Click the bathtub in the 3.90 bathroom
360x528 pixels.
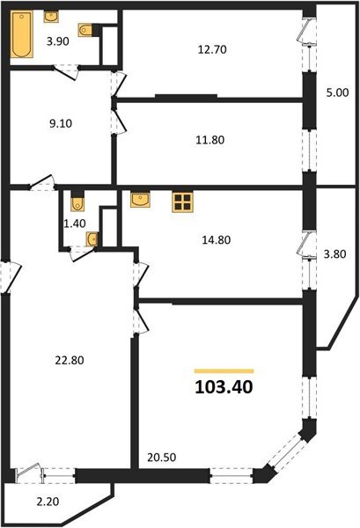coord(21,34)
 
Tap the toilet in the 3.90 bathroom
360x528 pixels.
coord(84,30)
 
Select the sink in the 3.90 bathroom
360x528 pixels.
coord(51,17)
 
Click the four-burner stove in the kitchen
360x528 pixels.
coord(182,202)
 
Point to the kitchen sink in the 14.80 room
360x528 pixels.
coord(140,200)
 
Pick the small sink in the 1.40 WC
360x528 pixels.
coord(92,239)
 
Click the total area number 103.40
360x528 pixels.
coord(224,387)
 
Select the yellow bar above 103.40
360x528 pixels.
coord(224,371)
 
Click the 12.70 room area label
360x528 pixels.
coord(212,49)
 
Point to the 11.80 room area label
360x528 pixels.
coord(210,140)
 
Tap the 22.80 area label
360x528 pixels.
coord(70,360)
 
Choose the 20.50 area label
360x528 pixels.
coord(162,458)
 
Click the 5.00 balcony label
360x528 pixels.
coord(337,92)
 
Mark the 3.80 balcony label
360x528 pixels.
coord(334,254)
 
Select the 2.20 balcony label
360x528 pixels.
coord(48,502)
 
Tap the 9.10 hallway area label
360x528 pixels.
coord(61,123)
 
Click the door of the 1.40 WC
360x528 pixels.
coord(82,253)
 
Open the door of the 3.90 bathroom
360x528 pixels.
coord(66,72)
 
